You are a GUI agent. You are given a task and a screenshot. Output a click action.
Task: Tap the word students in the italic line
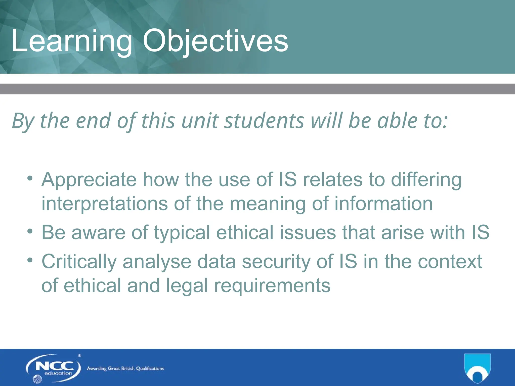[x=264, y=121]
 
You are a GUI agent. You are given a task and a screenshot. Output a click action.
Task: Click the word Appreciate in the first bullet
[x=89, y=180]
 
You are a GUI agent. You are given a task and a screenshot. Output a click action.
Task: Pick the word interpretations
[x=104, y=204]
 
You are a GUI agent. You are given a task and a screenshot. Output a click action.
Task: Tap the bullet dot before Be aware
[x=30, y=231]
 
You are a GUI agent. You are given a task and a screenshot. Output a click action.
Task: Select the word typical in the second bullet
[x=182, y=233]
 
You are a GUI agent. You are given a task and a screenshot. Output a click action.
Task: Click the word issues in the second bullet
[x=308, y=232]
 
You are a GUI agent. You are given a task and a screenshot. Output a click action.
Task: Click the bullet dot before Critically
[x=30, y=260]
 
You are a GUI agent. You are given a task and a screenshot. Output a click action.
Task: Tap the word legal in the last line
[x=187, y=286]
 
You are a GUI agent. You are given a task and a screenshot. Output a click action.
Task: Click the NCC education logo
[x=53, y=368]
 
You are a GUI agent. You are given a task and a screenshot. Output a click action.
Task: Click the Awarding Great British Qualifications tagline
[x=125, y=369]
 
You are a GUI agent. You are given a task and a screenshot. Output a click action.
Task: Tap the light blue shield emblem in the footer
[x=477, y=368]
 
